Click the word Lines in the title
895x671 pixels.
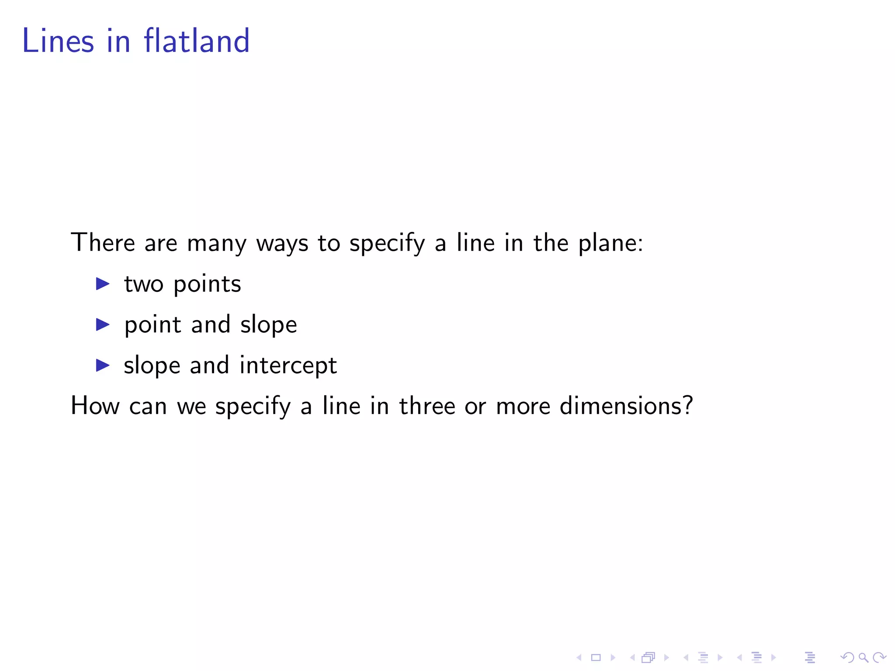[58, 41]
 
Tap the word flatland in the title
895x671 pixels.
[197, 41]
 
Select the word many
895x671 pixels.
[217, 244]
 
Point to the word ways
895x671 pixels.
[282, 244]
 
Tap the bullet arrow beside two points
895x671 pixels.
[103, 284]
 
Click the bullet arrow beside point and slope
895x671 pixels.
[103, 325]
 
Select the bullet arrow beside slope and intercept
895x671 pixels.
[103, 365]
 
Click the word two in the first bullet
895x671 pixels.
[144, 284]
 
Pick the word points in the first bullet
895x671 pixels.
[207, 284]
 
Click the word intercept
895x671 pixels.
[288, 366]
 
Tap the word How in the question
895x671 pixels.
[95, 406]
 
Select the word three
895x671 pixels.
[427, 406]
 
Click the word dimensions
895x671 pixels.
[621, 406]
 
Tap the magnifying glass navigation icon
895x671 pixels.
[863, 657]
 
